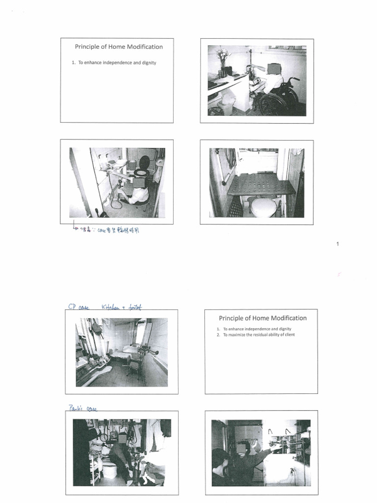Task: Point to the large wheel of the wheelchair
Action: pos(273,104)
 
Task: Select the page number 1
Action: pos(338,244)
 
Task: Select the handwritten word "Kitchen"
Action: pos(111,307)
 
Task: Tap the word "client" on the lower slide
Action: pos(288,335)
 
